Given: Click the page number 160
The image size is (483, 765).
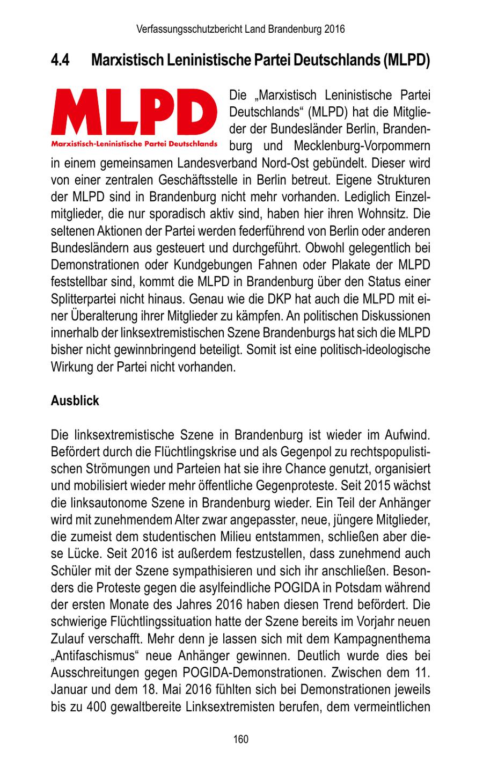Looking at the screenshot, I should (241, 740).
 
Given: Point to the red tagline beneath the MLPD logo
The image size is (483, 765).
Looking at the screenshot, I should (134, 144).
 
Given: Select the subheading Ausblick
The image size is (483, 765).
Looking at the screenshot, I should (75, 401).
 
